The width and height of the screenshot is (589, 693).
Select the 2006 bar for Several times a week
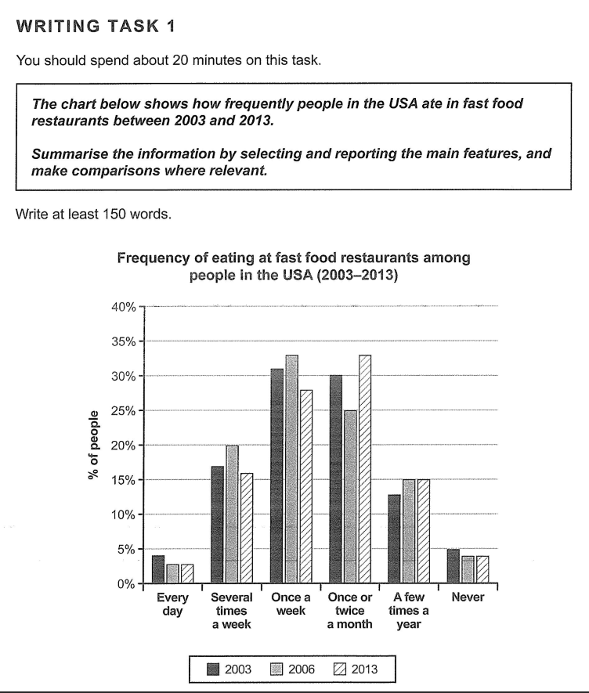click(x=231, y=514)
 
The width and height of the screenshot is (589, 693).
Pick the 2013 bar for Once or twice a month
click(x=365, y=470)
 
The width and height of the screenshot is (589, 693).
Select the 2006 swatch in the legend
click(x=276, y=669)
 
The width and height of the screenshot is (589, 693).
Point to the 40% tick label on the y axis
click(x=124, y=307)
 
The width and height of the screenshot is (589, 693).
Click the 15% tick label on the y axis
click(x=124, y=480)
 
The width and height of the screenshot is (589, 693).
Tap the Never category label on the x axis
click(x=468, y=597)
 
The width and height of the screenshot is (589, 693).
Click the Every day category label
click(x=172, y=604)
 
